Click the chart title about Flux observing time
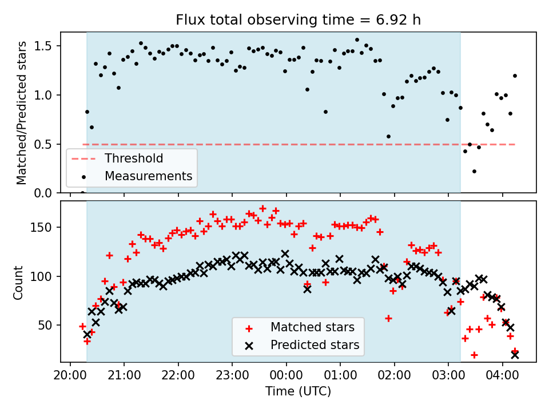298,21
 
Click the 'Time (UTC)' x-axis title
298,392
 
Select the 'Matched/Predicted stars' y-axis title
22,113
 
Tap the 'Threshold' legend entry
133,159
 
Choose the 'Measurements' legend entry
148,176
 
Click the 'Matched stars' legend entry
312,328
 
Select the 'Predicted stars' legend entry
315,345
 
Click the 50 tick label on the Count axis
47,325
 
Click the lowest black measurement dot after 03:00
474,171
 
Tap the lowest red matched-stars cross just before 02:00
388,318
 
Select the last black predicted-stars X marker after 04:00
515,355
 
